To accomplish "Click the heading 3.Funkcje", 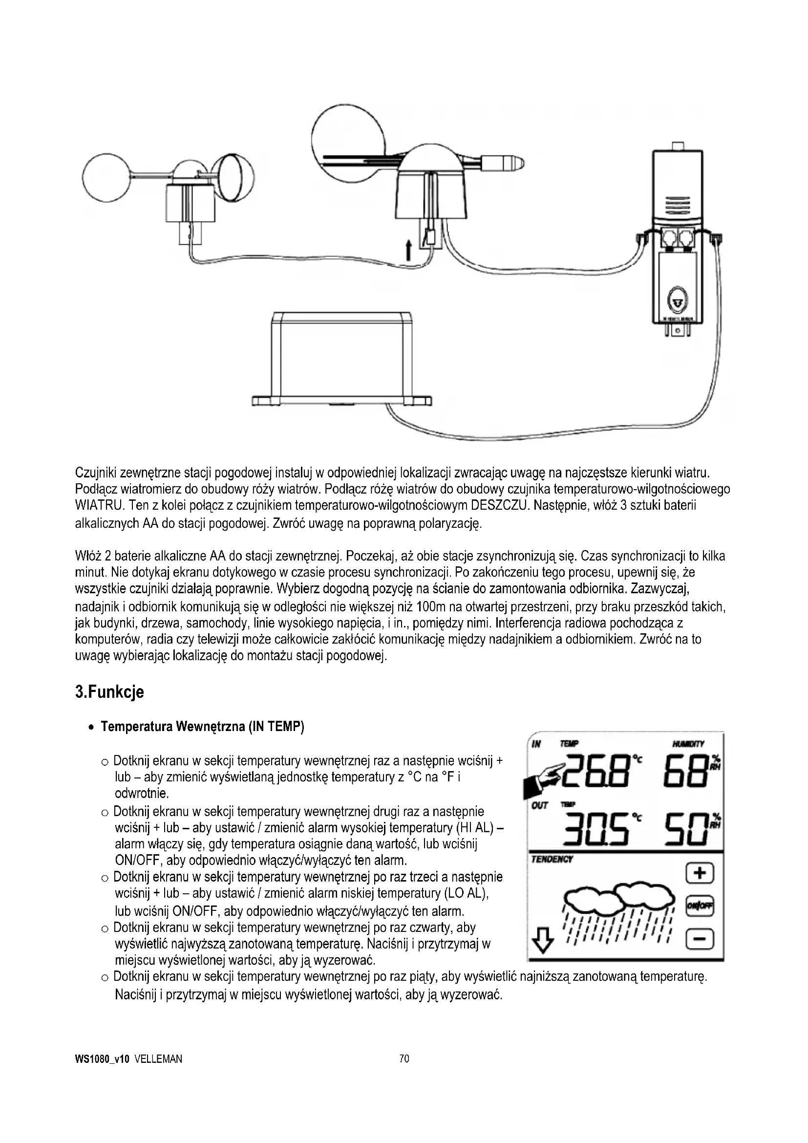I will [x=109, y=692].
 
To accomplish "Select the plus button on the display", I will [x=700, y=873].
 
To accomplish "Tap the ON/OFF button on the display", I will [x=700, y=906].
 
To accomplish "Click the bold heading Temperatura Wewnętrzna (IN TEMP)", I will [x=202, y=727].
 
